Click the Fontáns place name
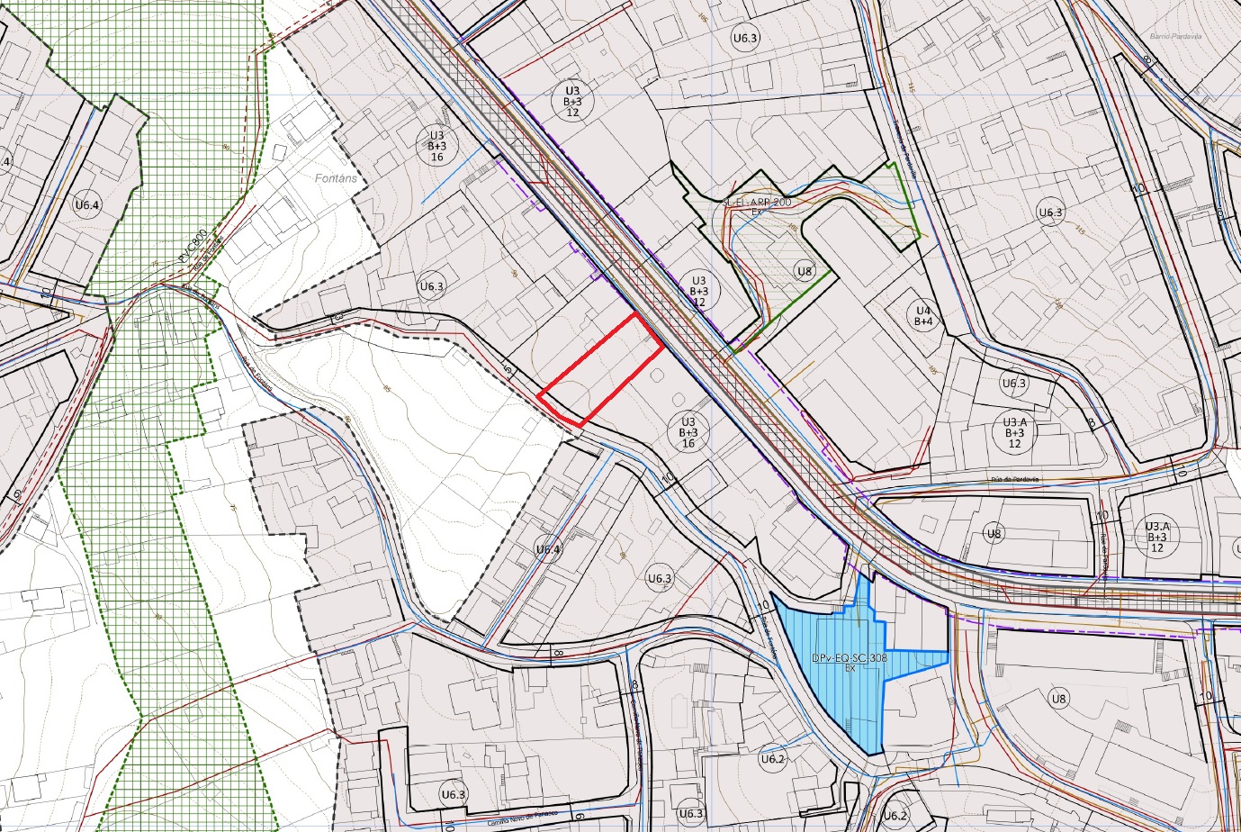coord(336,178)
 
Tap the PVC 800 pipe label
coord(193,246)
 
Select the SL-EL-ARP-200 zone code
coord(757,203)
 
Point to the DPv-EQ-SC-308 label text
coord(850,658)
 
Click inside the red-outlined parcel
coord(601,371)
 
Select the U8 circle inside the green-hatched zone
coord(804,271)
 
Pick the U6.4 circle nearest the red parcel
coord(548,549)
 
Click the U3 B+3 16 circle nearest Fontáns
coord(436,144)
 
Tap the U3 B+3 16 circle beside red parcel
coord(688,432)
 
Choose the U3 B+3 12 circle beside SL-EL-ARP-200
coord(698,290)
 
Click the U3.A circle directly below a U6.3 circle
coord(1014,432)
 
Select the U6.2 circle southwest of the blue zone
coord(773,759)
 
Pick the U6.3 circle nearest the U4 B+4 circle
coord(1014,383)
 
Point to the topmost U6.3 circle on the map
coord(745,38)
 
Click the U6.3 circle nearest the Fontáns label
coord(432,286)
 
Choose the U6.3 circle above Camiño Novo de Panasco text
coord(454,794)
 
